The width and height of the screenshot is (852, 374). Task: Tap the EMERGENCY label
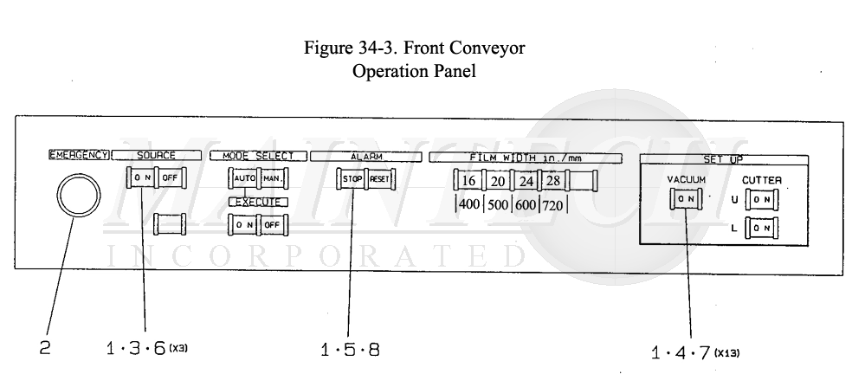tap(80, 155)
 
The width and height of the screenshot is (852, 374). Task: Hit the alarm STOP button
tap(352, 180)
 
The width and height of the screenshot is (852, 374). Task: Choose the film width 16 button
tap(468, 182)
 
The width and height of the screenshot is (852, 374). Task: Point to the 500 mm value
tap(497, 208)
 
